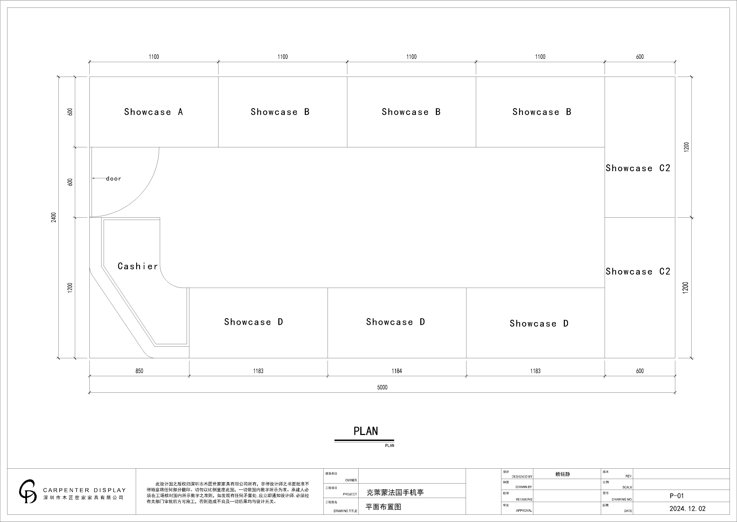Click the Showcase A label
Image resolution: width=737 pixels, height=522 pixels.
point(153,112)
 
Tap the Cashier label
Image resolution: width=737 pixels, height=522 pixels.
point(138,266)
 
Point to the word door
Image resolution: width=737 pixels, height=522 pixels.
point(114,179)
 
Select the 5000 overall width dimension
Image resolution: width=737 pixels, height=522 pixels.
point(382,387)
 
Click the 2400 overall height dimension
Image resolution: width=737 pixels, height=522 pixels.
point(54,217)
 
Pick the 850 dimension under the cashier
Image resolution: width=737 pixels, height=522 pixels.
point(139,371)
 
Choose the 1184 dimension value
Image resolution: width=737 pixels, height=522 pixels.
point(397,371)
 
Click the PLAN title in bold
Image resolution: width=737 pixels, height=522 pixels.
point(366,431)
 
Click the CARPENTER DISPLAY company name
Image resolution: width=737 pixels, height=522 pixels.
point(84,490)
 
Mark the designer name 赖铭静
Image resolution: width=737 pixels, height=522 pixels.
point(563,474)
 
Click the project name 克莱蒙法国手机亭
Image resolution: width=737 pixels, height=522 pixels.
point(395,492)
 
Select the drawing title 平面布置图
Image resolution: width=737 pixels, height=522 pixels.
point(383,507)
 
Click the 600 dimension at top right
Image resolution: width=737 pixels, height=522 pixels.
point(640,57)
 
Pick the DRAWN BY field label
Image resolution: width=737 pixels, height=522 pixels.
point(524,487)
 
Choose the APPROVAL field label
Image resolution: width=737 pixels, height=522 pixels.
point(524,510)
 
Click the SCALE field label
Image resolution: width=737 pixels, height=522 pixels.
point(627,487)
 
